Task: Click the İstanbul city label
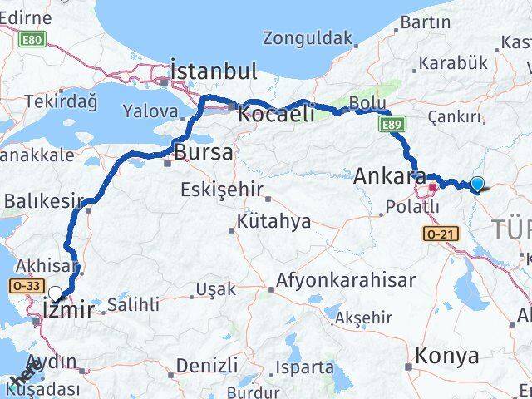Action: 214,71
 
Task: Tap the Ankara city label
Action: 390,176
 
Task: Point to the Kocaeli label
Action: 276,115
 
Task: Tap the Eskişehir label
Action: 222,189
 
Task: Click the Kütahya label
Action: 273,221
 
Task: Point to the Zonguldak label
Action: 308,37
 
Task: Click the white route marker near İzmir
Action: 56,293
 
